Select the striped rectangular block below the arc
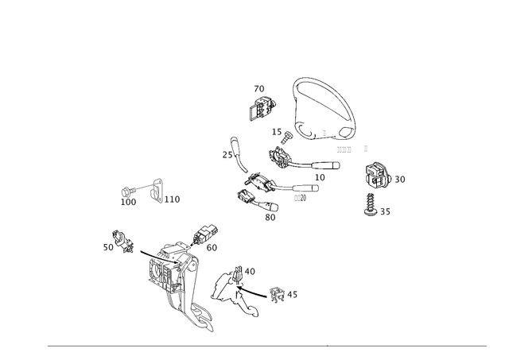(x=344, y=149)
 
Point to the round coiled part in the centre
(x=281, y=158)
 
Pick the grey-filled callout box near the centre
(x=300, y=198)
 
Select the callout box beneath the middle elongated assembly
(x=271, y=215)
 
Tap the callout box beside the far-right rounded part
(x=400, y=179)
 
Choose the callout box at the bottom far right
(x=386, y=211)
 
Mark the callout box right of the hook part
(x=176, y=199)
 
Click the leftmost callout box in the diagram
(x=107, y=248)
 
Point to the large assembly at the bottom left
(x=175, y=274)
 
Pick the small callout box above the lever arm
(x=252, y=271)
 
